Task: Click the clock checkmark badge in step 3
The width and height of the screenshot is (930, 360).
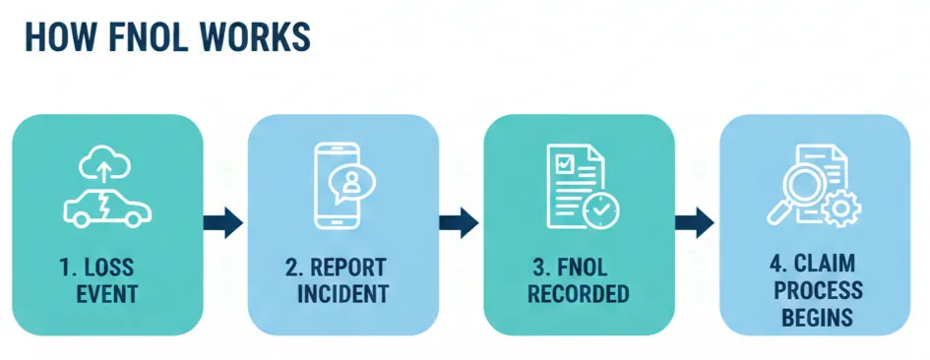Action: click(600, 210)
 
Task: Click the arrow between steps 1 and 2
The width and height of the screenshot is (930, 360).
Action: click(222, 222)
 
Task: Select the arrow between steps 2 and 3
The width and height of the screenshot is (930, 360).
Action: click(459, 222)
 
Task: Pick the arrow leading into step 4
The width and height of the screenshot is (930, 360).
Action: click(695, 222)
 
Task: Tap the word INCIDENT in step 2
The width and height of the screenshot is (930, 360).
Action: click(343, 294)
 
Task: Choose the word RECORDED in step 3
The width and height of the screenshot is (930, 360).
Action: click(580, 294)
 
